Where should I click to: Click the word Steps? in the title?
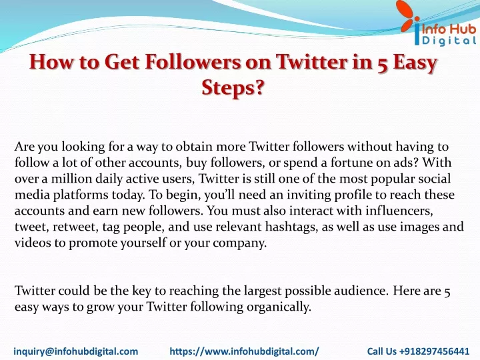click(x=233, y=88)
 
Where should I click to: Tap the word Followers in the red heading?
click(x=193, y=61)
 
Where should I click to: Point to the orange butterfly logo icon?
click(x=409, y=17)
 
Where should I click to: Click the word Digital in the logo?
click(x=449, y=41)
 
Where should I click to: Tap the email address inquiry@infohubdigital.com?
click(x=75, y=351)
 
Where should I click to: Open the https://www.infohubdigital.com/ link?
click(x=244, y=351)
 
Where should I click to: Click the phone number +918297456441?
click(x=435, y=351)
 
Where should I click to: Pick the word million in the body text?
click(x=71, y=179)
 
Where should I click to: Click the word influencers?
click(x=399, y=210)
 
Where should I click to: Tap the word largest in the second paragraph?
click(x=263, y=291)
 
